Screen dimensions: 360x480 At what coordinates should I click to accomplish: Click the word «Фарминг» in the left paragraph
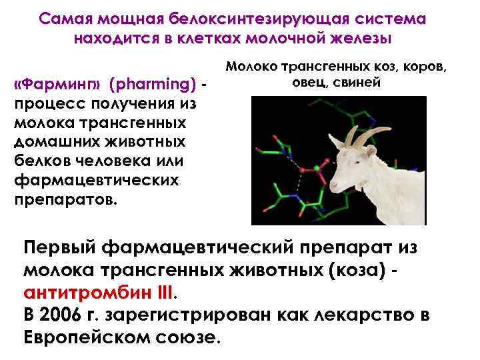tap(59, 85)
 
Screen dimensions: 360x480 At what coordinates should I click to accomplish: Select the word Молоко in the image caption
tap(253, 67)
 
